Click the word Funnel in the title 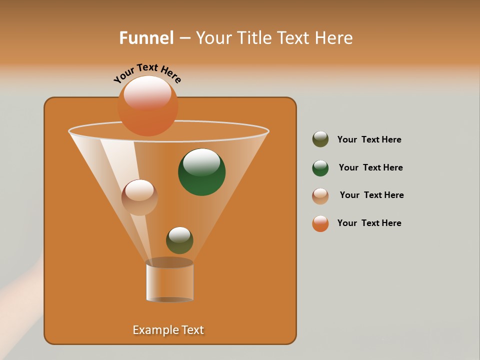click(146, 37)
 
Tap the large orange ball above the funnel click(147, 106)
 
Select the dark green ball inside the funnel click(201, 172)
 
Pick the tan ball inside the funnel click(139, 197)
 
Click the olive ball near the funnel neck click(179, 240)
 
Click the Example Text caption click(168, 330)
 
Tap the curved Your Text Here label click(147, 73)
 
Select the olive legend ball click(320, 139)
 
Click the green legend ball click(320, 168)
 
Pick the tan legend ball click(320, 195)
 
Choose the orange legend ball click(320, 223)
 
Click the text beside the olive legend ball click(369, 140)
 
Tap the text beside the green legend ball click(370, 168)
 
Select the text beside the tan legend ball click(371, 195)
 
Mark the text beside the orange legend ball click(369, 223)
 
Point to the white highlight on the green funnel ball click(201, 162)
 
